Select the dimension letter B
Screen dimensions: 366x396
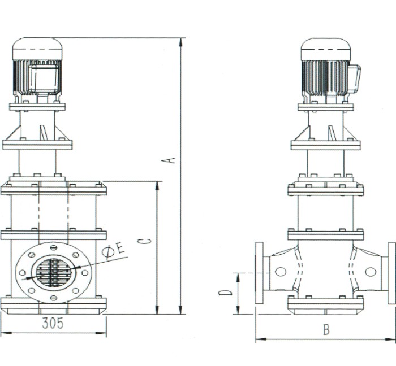326,330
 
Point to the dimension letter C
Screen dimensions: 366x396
148,241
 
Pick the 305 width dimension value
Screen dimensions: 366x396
53,323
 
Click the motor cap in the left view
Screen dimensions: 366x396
37,48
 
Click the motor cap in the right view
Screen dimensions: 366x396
326,49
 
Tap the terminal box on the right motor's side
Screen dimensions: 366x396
354,79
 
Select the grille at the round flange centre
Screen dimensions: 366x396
54,272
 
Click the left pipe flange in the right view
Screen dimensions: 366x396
259,273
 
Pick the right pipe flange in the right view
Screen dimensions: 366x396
391,273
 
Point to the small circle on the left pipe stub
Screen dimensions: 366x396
281,272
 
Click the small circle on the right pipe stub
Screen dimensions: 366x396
371,272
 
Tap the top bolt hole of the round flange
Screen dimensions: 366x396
54,247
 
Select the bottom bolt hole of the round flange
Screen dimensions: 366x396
54,298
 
